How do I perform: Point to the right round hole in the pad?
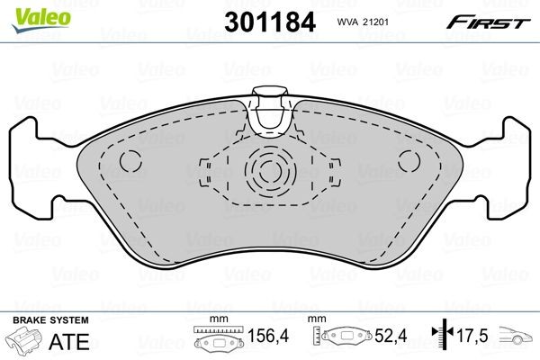click(409, 163)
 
